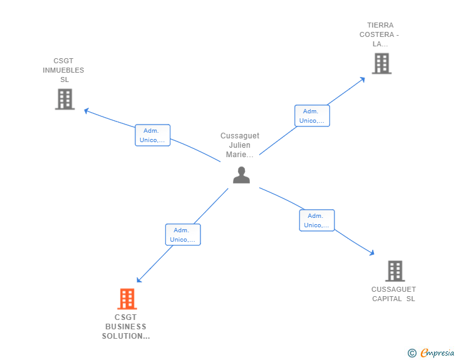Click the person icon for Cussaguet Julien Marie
[x=241, y=175]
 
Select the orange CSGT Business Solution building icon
[x=127, y=299]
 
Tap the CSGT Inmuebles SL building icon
[x=65, y=99]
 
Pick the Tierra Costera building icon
[x=381, y=63]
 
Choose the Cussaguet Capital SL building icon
[x=395, y=270]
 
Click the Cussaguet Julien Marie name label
[x=240, y=145]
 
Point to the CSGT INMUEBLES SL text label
[x=63, y=71]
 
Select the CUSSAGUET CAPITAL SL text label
[x=393, y=294]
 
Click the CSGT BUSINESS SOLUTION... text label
[x=126, y=327]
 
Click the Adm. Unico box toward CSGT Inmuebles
[x=152, y=135]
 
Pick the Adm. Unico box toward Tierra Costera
[x=312, y=116]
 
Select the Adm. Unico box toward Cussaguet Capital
[x=316, y=220]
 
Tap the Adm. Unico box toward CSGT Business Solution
[x=183, y=235]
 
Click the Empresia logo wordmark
[x=437, y=353]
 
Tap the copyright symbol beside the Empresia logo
[x=412, y=354]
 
